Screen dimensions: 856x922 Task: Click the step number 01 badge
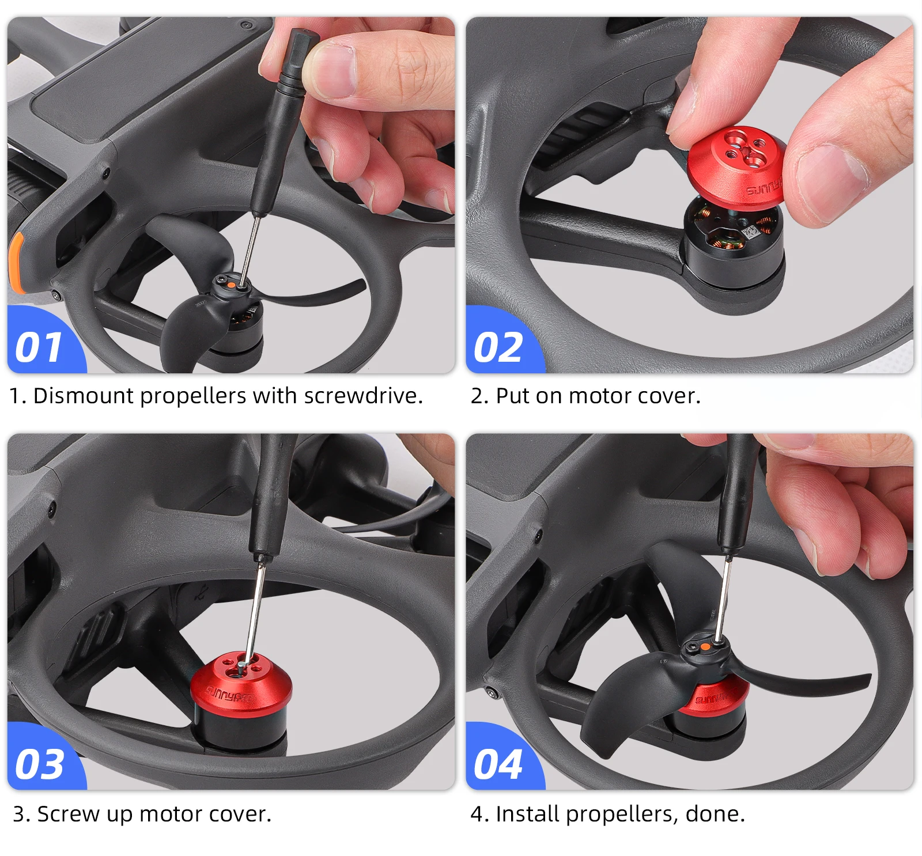tap(39, 348)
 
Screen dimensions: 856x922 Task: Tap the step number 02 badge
tap(498, 348)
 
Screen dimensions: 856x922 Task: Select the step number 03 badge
tap(39, 764)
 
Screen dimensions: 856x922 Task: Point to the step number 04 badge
tap(498, 764)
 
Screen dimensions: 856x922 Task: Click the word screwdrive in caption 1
tap(362, 396)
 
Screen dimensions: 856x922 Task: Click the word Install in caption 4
tap(527, 814)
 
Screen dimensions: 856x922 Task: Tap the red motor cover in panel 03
tap(241, 683)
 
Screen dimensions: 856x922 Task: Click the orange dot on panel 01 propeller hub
tap(230, 284)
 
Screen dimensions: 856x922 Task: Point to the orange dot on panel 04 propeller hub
tap(705, 647)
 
